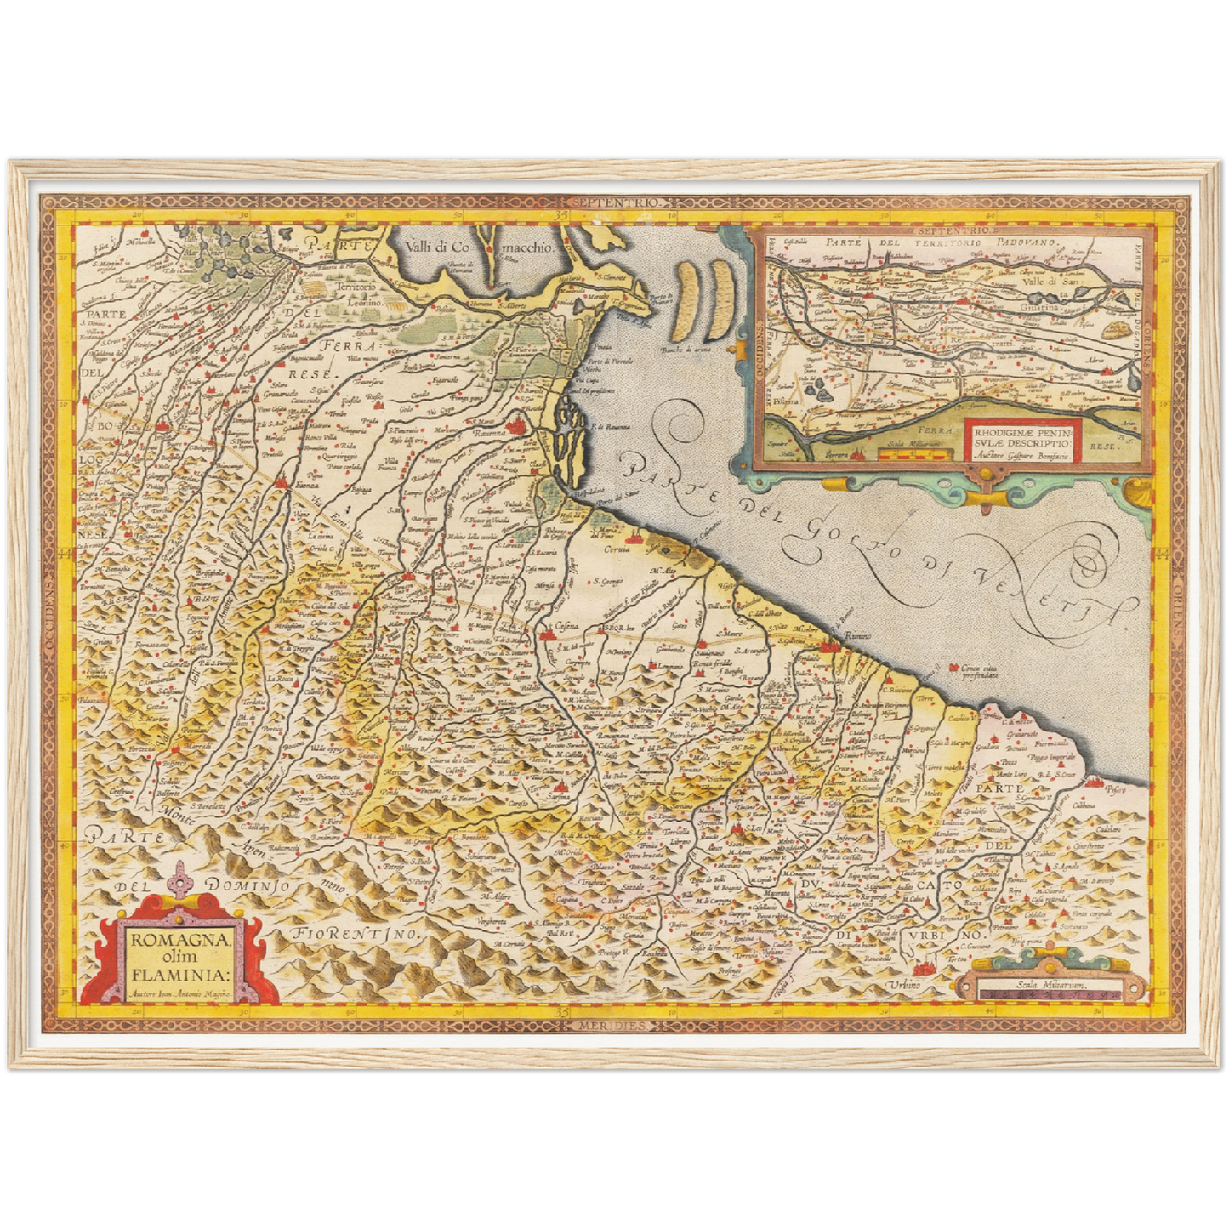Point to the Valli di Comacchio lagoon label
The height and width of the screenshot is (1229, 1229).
click(x=479, y=247)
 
